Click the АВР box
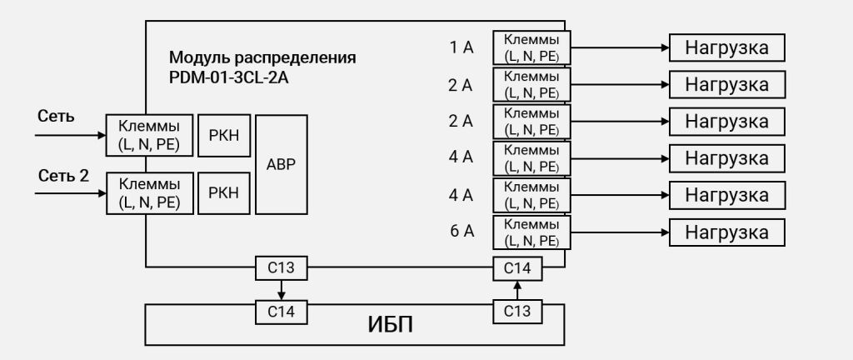[x=282, y=164]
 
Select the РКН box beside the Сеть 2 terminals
[x=224, y=193]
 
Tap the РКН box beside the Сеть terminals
[x=224, y=135]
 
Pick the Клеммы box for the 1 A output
[x=531, y=47]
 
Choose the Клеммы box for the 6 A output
[x=531, y=232]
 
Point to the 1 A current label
[x=461, y=47]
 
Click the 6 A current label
[x=461, y=232]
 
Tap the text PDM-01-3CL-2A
[x=228, y=77]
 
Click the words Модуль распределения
[x=262, y=57]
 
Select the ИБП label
[x=390, y=325]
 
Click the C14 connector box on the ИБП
[x=282, y=312]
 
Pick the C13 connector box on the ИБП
[x=517, y=312]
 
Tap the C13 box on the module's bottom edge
[x=282, y=267]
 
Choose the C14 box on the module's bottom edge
[x=517, y=268]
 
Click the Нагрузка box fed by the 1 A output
[x=726, y=47]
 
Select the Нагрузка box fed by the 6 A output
[x=726, y=232]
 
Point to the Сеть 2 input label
[x=63, y=176]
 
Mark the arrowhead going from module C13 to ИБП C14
[x=282, y=295]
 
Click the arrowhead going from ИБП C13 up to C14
[x=517, y=285]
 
